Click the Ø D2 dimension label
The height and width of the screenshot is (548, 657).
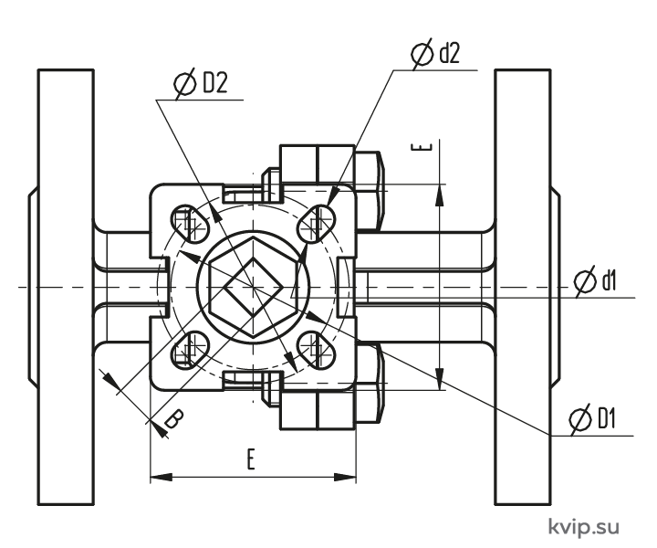pos(201,83)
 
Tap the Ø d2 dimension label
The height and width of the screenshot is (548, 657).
pos(436,54)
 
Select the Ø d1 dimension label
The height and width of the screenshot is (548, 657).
pos(595,280)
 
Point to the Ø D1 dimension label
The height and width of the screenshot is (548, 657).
pos(592,418)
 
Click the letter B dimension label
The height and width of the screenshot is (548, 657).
pos(173,419)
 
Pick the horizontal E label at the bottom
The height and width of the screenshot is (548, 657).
pos(251,459)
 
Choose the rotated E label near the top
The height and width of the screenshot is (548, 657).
pos(421,147)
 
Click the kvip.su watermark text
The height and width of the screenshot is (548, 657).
pos(584,527)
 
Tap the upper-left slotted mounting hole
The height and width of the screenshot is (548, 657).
pos(190,225)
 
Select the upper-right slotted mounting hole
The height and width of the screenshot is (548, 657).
pos(317,225)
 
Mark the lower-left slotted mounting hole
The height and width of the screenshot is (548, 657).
pos(190,350)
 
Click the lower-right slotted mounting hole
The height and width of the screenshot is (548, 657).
pos(317,350)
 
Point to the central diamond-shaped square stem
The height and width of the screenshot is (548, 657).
pos(253,287)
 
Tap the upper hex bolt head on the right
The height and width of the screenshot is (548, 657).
pos(370,191)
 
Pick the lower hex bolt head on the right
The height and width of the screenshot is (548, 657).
pos(370,383)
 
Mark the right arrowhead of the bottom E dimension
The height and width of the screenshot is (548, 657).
pos(345,477)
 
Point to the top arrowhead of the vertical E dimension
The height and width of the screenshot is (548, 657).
pos(439,195)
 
